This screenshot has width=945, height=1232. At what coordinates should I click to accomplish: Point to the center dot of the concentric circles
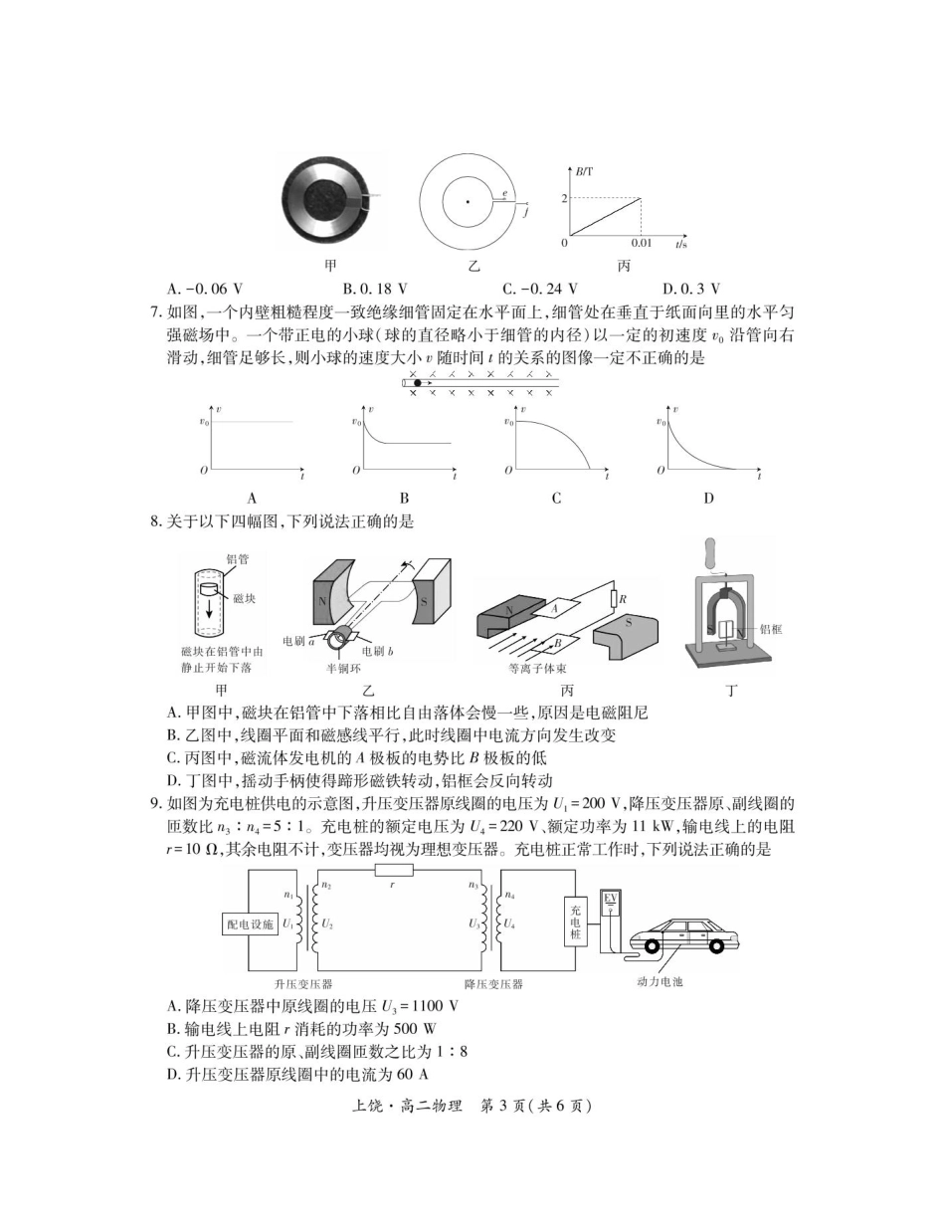pos(468,202)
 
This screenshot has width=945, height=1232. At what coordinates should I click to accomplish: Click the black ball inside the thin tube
pos(418,382)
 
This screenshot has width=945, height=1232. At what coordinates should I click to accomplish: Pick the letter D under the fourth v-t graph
pos(708,499)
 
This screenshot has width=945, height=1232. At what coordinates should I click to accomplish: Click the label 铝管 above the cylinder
pos(237,559)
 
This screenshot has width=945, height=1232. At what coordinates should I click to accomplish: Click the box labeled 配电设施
pos(249,924)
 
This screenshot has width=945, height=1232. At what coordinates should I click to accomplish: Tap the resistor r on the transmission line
pos(394,870)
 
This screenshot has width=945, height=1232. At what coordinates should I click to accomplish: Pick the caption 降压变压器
pos(493,984)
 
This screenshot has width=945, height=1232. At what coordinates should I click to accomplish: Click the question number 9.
pos(155,804)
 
